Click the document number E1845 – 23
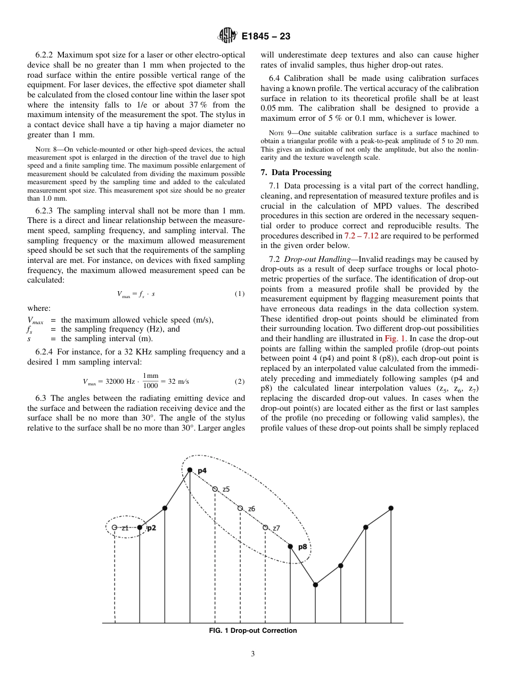coord(265,37)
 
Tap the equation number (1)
coord(239,294)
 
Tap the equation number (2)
coord(239,382)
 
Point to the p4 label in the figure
coord(202,471)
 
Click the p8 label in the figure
coord(302,547)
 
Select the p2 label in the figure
coord(151,528)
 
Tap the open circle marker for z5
coord(215,489)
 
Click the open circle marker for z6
coord(240,508)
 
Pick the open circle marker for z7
coord(265,527)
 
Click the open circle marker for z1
coord(115,527)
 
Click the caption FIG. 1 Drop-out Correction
coord(253,631)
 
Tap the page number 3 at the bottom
coord(253,654)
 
